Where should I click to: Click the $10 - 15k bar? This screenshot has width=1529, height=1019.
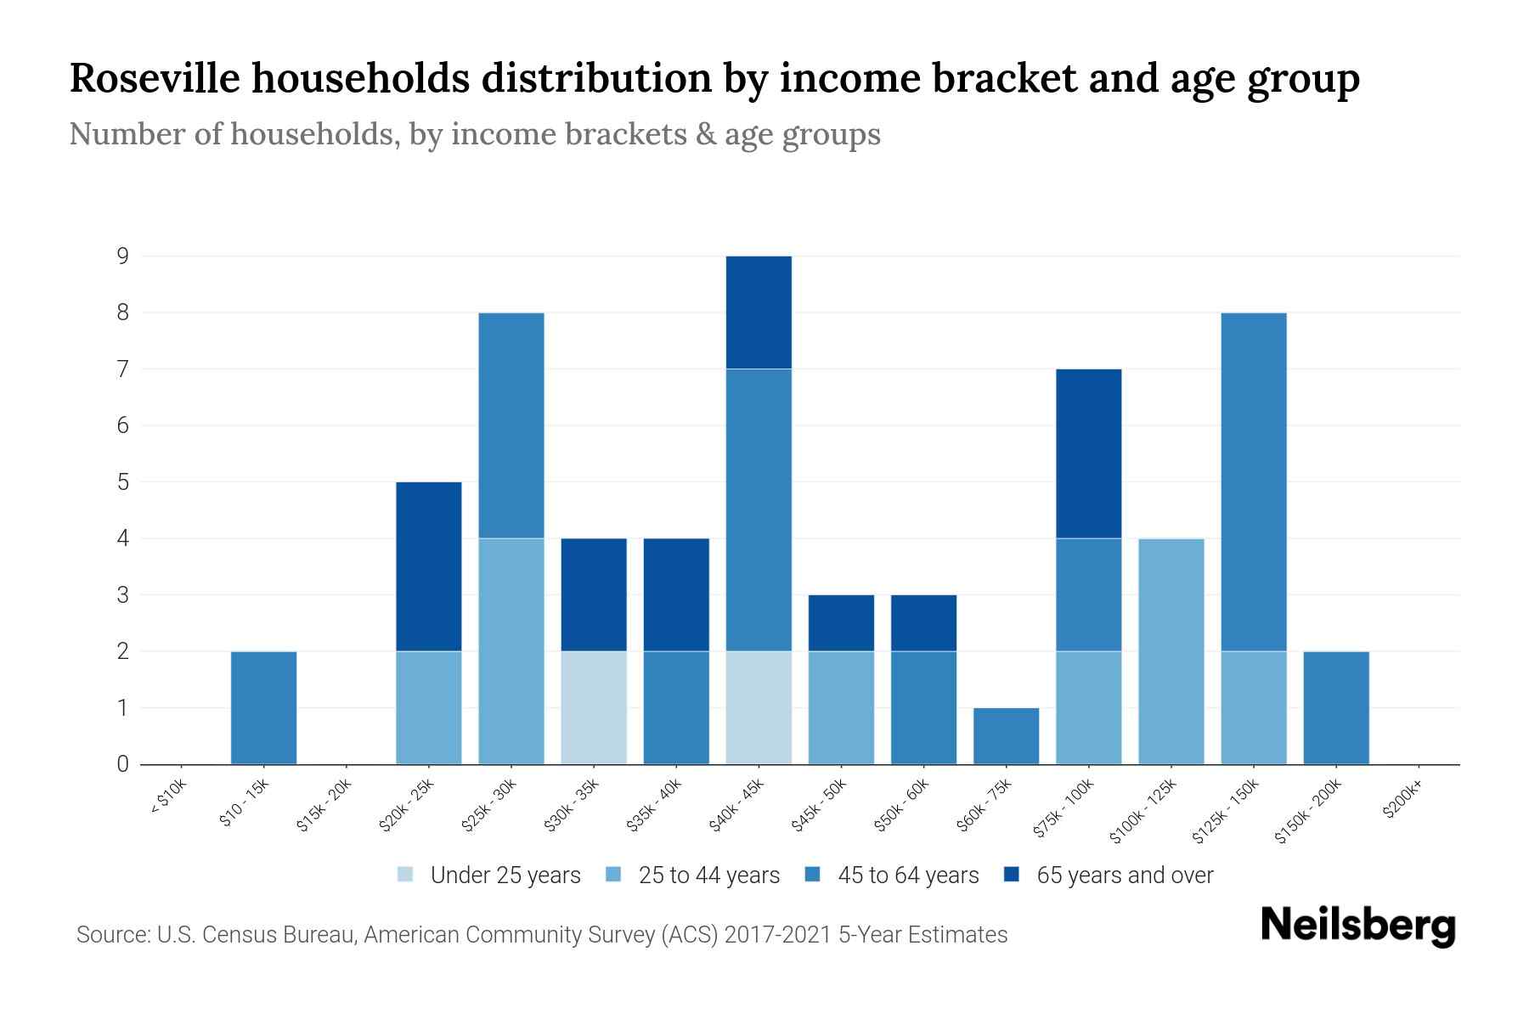click(263, 707)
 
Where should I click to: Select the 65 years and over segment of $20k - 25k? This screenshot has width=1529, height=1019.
click(428, 566)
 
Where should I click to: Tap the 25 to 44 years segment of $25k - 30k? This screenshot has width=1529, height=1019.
click(511, 651)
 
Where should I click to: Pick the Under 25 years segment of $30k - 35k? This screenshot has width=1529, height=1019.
click(594, 707)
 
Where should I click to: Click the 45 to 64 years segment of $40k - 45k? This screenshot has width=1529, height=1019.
click(759, 509)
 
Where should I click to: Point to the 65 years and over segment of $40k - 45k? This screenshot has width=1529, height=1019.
click(759, 312)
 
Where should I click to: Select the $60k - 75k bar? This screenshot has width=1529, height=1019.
click(1006, 735)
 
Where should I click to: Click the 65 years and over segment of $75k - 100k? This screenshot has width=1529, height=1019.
click(1088, 453)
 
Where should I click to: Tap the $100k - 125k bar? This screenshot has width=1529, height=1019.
click(1171, 651)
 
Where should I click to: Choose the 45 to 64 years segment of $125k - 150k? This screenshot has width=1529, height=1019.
click(1253, 481)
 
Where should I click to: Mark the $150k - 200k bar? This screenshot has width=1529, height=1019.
click(1335, 707)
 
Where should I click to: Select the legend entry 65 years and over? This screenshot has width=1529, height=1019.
click(1109, 875)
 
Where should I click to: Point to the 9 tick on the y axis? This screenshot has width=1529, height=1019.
click(123, 256)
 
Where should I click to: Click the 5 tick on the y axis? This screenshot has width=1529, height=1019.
click(123, 481)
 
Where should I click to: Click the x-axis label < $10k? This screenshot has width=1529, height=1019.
click(168, 799)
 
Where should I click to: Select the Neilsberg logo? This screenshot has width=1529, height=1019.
click(1357, 926)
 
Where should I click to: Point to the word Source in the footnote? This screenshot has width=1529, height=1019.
click(110, 935)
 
